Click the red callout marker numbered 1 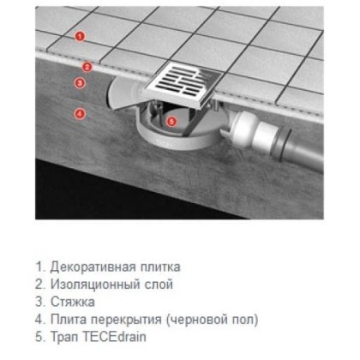[x=80, y=37]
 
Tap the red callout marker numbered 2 [x=87, y=66]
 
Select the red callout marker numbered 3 [x=80, y=83]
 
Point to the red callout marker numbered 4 [x=80, y=112]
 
